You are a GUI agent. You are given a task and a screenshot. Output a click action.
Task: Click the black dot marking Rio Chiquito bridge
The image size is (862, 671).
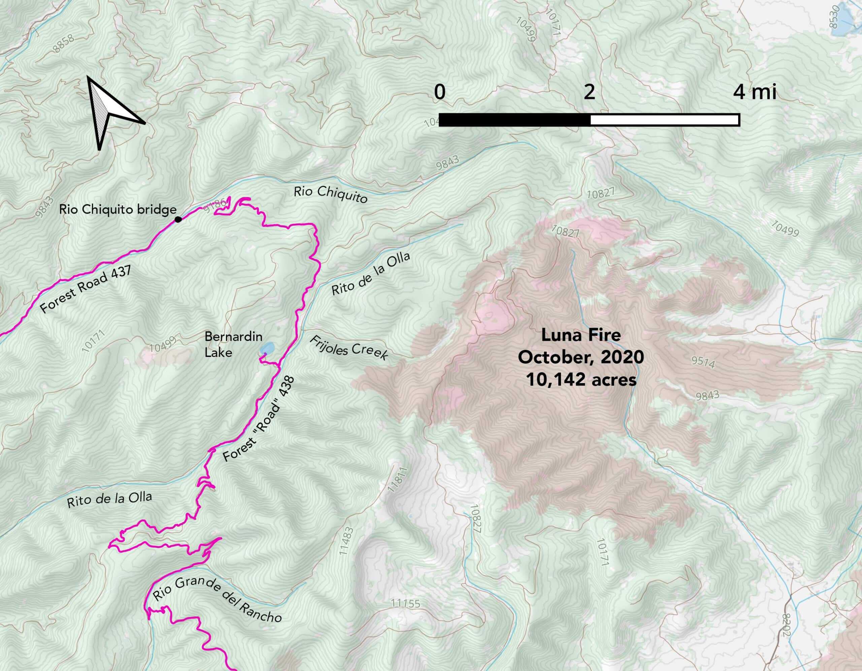click(x=178, y=219)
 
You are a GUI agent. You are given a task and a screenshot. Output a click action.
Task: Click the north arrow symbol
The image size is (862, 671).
click(x=111, y=112)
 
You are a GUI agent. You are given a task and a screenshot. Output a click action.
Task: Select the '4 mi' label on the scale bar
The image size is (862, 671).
click(x=755, y=92)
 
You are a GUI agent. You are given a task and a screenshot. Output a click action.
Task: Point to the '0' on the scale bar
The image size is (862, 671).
click(x=440, y=92)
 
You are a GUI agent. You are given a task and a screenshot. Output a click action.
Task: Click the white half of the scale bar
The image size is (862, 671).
click(x=664, y=120)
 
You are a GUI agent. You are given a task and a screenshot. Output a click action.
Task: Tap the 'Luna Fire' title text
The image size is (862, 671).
click(x=581, y=335)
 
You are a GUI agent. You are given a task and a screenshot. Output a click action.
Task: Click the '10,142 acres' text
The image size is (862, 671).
click(x=581, y=379)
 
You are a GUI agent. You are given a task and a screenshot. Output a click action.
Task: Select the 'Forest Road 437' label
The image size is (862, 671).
click(x=86, y=289)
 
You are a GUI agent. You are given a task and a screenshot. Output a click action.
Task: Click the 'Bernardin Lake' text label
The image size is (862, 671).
click(x=233, y=344)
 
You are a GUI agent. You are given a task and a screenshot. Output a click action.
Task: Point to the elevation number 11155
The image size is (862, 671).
click(x=406, y=604)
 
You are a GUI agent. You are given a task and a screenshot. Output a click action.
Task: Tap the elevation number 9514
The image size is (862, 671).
click(x=703, y=362)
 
